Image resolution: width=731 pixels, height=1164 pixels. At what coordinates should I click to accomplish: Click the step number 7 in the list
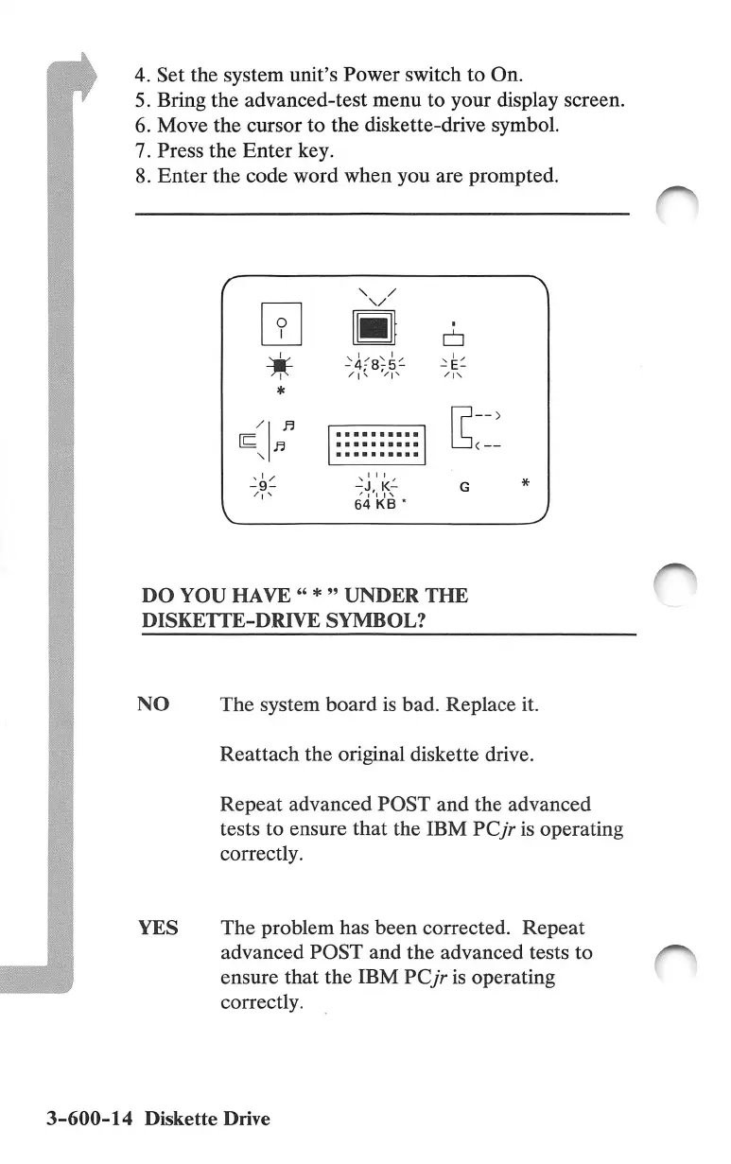click(143, 149)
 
